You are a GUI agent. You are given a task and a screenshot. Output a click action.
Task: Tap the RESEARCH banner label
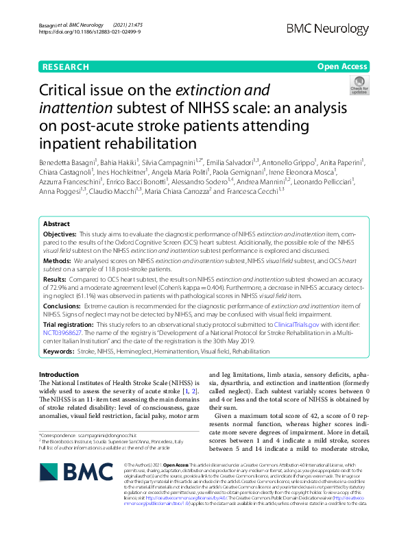coord(64,67)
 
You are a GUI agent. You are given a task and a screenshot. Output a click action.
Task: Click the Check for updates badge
coord(359,87)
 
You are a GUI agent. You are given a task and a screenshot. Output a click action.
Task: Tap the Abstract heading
coord(56,224)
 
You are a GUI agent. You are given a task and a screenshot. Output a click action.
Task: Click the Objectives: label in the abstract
coord(62,234)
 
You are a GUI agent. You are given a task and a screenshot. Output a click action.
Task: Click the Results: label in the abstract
coord(57,279)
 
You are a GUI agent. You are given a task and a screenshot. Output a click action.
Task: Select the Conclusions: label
coord(64,306)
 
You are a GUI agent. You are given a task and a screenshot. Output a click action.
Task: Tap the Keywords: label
coord(60,350)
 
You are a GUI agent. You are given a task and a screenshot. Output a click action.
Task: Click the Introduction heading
coord(59,374)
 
